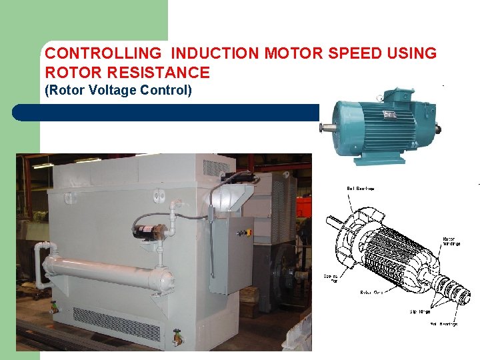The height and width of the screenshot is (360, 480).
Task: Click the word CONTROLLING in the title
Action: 103,53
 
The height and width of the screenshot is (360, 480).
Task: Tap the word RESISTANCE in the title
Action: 165,72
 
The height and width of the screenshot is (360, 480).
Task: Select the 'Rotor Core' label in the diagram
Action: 371,292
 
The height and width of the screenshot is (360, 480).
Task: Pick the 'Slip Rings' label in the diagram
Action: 420,311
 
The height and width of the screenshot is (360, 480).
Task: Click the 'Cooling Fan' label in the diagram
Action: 331,278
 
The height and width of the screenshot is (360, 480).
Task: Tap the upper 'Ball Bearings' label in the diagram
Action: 361,189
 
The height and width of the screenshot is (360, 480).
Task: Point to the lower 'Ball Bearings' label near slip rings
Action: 443,324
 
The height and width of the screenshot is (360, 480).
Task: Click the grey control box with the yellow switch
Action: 231,253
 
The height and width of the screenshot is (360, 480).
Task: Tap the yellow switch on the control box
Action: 248,233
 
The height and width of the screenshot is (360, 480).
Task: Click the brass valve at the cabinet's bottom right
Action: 177,338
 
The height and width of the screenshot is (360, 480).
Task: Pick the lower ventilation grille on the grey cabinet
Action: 117,323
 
